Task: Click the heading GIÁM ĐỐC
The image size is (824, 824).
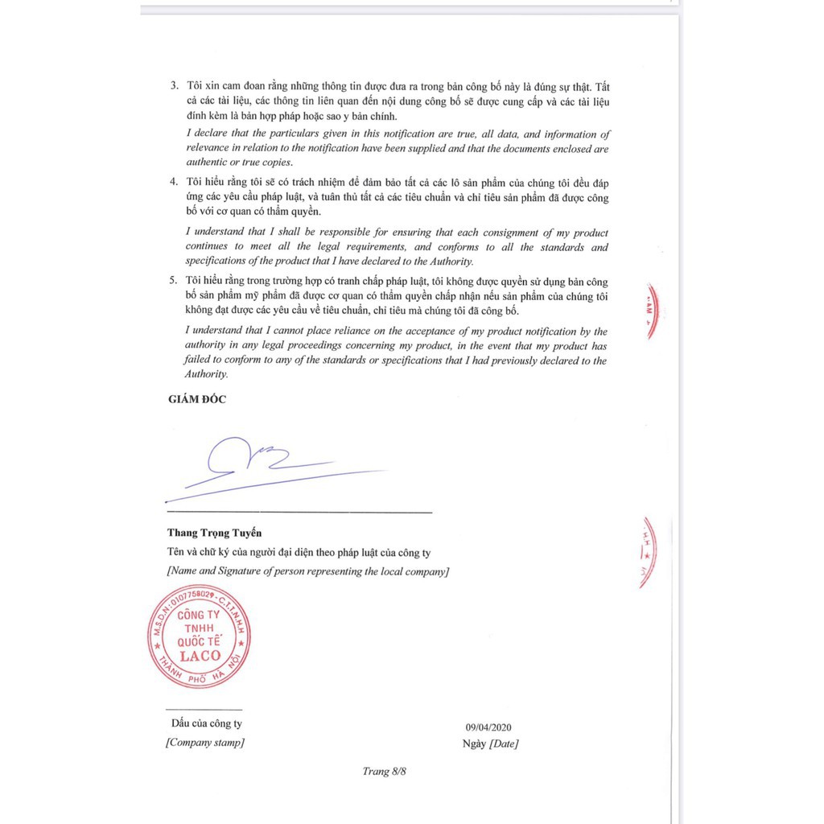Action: pyautogui.click(x=196, y=400)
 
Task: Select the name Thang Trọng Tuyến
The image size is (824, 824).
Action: pyautogui.click(x=214, y=533)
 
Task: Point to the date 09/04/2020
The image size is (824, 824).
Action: pyautogui.click(x=488, y=727)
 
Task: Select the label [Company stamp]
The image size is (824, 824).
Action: pyautogui.click(x=205, y=743)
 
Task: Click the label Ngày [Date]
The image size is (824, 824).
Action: pyautogui.click(x=490, y=744)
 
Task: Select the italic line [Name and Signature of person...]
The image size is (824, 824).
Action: pyautogui.click(x=307, y=571)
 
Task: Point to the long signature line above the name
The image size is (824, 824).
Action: pyautogui.click(x=299, y=512)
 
